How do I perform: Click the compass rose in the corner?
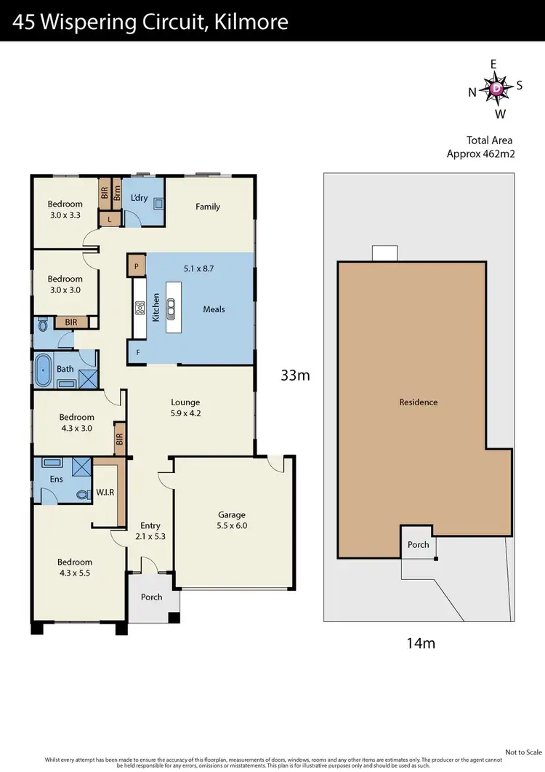[x=496, y=89]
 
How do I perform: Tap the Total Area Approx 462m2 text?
[x=480, y=147]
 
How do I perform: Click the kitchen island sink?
[x=172, y=309]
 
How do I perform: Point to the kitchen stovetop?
[x=140, y=309]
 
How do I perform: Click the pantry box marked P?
[x=136, y=266]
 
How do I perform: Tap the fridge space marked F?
[x=138, y=352]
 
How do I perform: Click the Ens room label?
[x=56, y=479]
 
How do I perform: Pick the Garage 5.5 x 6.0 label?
[x=233, y=520]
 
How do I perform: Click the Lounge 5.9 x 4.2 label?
[x=185, y=407]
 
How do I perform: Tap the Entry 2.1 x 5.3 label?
[x=150, y=531]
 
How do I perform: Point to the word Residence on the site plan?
[x=419, y=402]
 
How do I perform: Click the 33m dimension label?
[x=296, y=375]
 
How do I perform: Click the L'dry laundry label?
[x=139, y=197]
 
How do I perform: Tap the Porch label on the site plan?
[x=418, y=544]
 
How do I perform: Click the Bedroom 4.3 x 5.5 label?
[x=76, y=568]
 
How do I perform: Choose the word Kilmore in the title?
[x=249, y=22]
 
